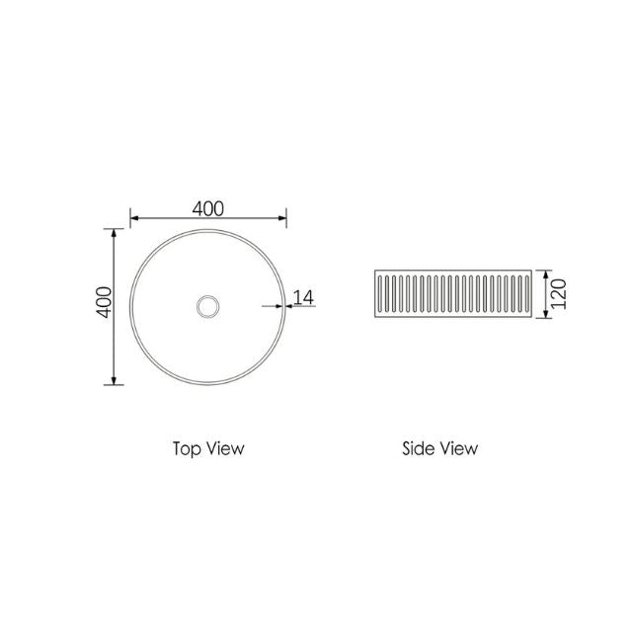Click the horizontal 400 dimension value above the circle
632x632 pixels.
pyautogui.click(x=208, y=208)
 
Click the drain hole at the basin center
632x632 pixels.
pyautogui.click(x=208, y=306)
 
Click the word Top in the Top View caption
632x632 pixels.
pyautogui.click(x=186, y=447)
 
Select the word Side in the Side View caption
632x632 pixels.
pyautogui.click(x=420, y=447)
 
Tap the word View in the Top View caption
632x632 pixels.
pyautogui.click(x=225, y=447)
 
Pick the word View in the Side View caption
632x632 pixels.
pyautogui.click(x=459, y=447)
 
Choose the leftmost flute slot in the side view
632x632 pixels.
pyautogui.click(x=382, y=293)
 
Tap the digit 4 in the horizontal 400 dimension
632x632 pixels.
pyautogui.click(x=197, y=208)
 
